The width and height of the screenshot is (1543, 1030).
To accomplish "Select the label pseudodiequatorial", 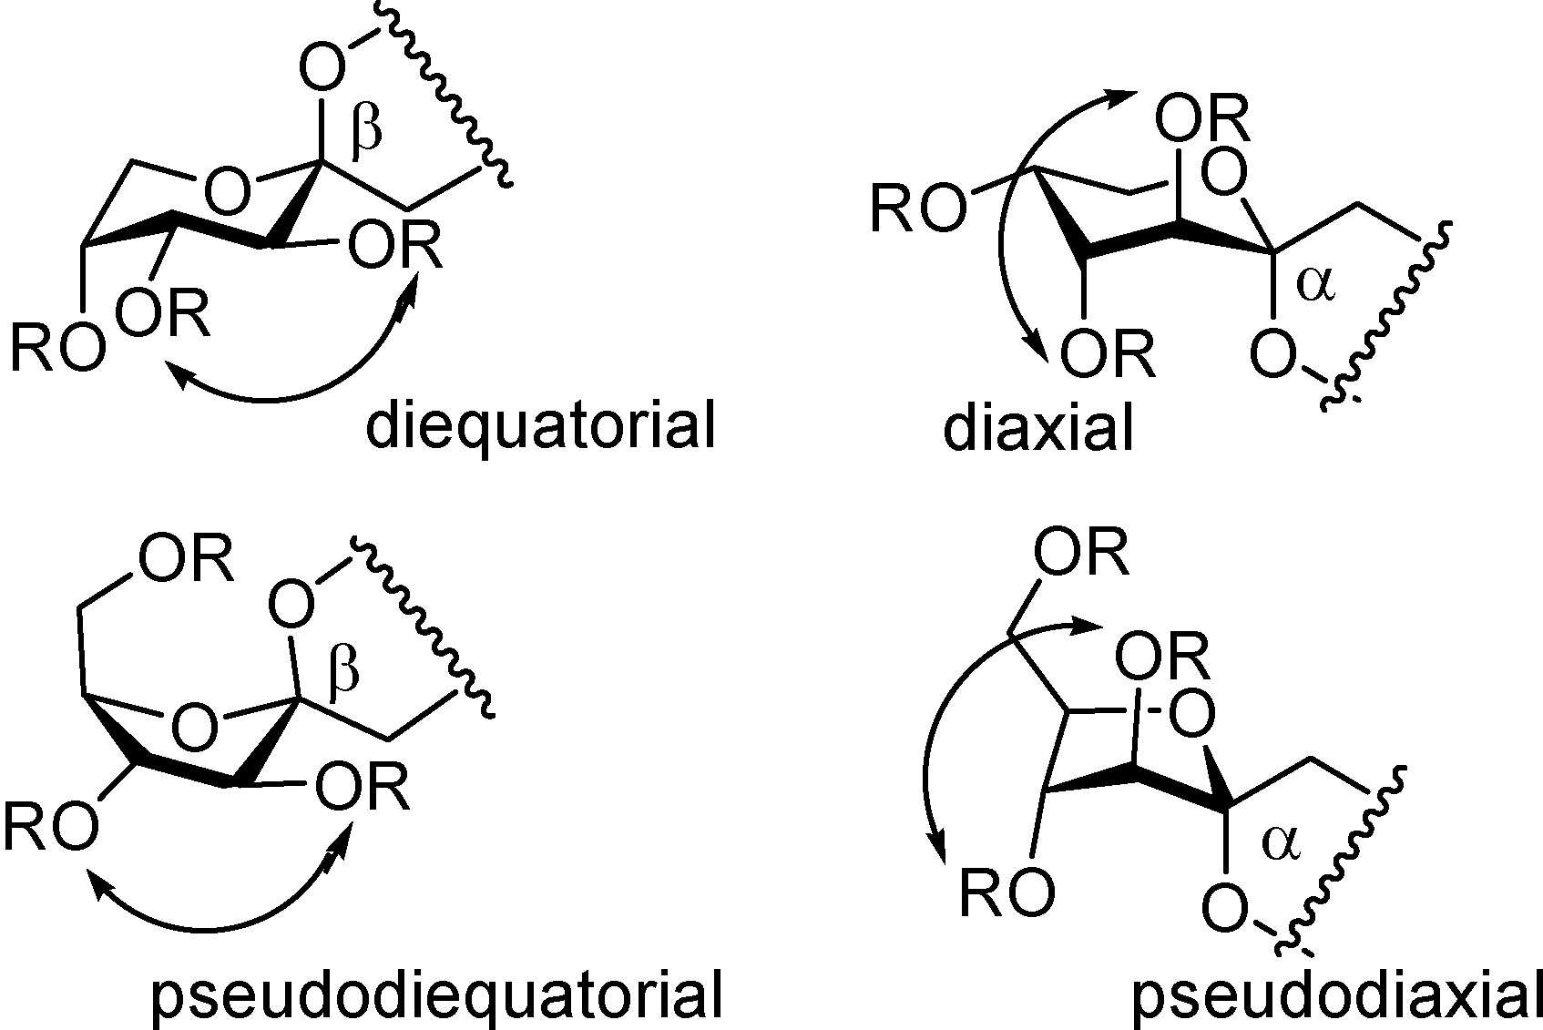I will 436,994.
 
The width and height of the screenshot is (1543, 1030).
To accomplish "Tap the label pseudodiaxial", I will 1336,994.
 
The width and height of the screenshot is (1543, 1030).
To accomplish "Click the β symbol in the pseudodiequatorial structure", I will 343,670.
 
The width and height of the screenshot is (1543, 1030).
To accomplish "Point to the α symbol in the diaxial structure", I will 1313,283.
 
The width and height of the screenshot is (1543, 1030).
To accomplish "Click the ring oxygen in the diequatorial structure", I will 227,189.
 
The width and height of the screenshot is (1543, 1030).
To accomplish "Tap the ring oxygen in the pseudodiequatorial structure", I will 195,727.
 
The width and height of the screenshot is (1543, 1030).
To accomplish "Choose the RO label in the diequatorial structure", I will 57,349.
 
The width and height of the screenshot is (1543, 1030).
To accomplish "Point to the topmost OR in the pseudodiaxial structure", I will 1082,553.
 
